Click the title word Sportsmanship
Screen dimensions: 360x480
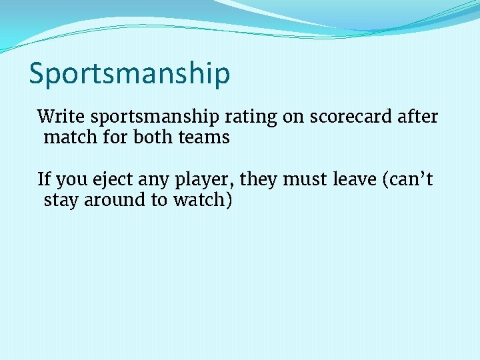129,75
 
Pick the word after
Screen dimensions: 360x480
418,117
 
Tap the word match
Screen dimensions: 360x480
70,138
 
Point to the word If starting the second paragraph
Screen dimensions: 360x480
44,179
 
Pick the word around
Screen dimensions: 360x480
114,200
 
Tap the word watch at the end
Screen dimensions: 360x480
203,200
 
